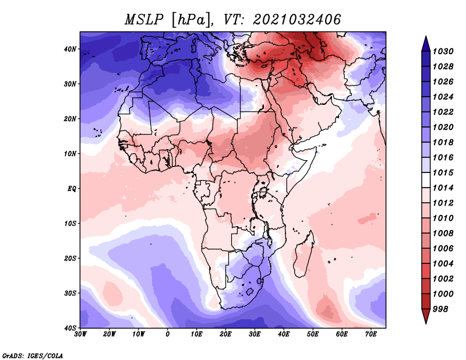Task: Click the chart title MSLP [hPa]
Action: click(168, 20)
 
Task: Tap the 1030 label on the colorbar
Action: click(443, 51)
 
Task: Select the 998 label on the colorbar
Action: click(440, 309)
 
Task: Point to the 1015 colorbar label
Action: click(443, 172)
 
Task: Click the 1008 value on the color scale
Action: click(443, 234)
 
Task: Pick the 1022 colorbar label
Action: click(443, 112)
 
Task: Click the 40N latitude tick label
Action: click(70, 49)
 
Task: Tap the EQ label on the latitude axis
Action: click(72, 189)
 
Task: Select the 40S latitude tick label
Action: click(70, 328)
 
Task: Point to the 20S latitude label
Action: click(70, 258)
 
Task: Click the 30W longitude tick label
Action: click(80, 334)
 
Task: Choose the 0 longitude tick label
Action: click(168, 334)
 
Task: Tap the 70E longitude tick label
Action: click(370, 334)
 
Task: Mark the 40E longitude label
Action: click(284, 334)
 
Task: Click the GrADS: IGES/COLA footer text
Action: click(33, 356)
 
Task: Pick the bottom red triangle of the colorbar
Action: click(426, 316)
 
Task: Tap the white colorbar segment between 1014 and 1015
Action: click(426, 180)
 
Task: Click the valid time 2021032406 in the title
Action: click(297, 20)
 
